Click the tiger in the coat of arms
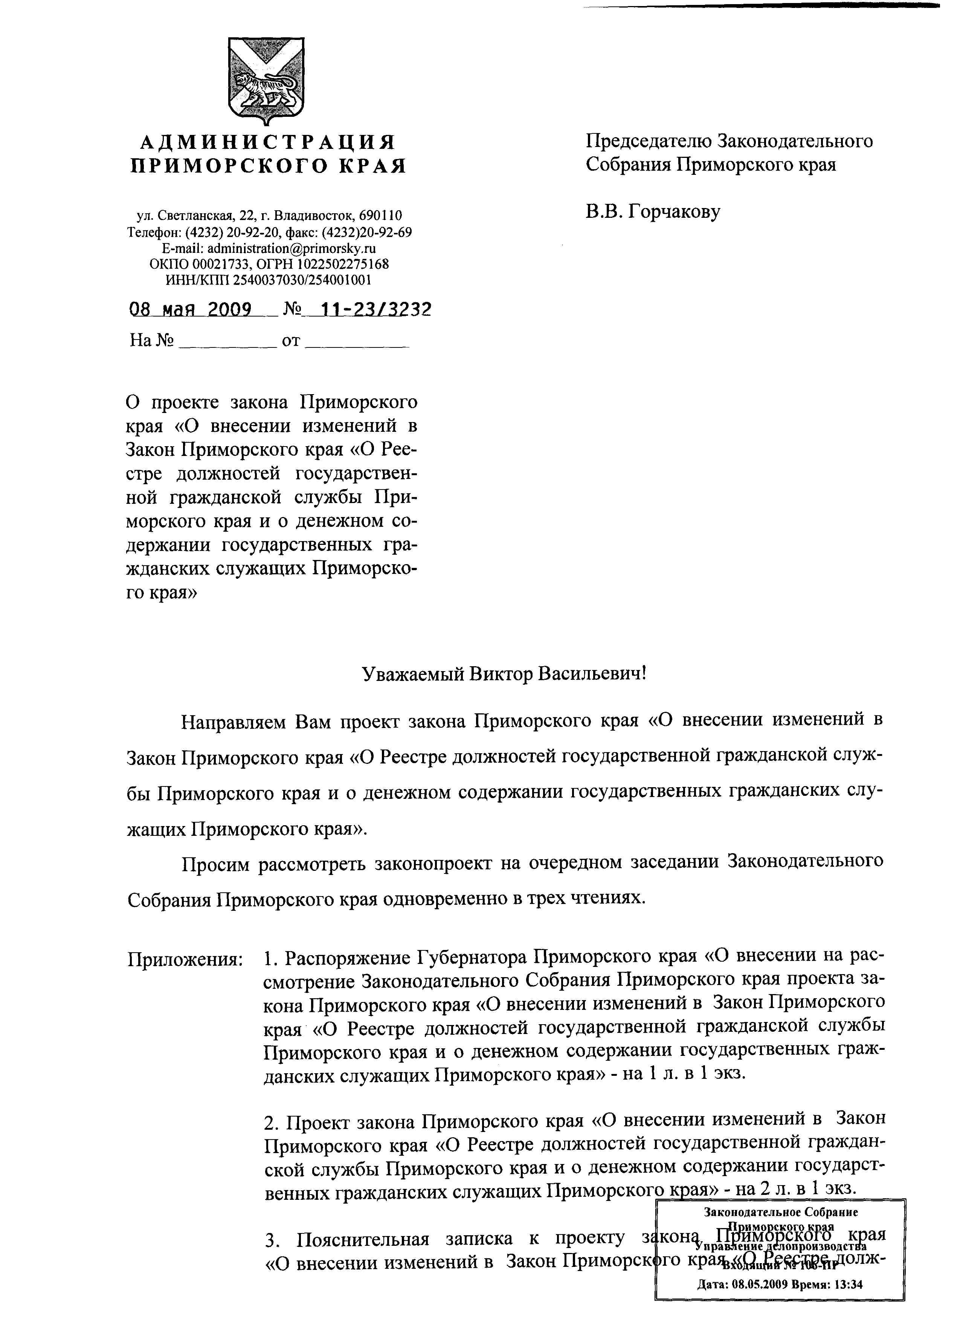tap(266, 86)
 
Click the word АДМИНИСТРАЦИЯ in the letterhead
tap(267, 142)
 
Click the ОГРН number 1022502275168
tap(334, 263)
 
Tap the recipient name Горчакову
tap(673, 211)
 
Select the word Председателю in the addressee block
tap(648, 141)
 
